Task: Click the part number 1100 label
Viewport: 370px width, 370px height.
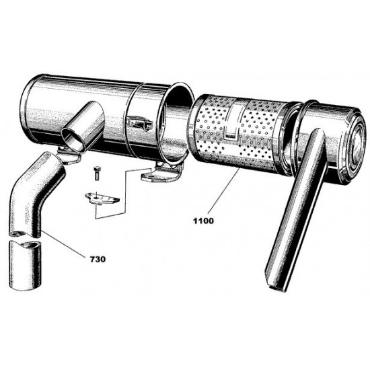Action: tap(203, 221)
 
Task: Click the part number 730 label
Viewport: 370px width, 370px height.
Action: tap(98, 259)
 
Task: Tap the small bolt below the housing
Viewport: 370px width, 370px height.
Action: tap(96, 174)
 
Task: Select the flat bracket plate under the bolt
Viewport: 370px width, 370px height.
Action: tap(102, 198)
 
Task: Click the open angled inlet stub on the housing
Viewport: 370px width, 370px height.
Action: tap(83, 126)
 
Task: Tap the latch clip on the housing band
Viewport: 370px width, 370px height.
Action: tap(140, 122)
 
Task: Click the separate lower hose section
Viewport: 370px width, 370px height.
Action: tap(24, 265)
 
